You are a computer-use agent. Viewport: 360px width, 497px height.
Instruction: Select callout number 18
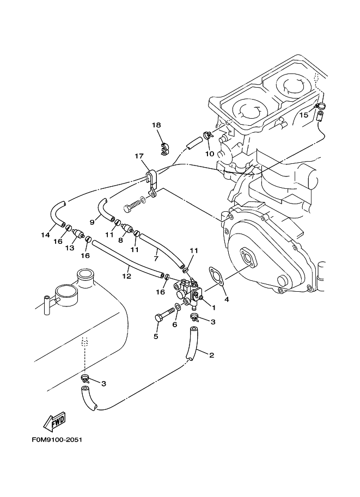(x=156, y=125)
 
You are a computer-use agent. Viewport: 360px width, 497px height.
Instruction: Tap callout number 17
(x=139, y=156)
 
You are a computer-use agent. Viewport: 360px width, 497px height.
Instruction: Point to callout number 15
(x=304, y=115)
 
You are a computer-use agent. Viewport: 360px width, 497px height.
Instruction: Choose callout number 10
(x=210, y=154)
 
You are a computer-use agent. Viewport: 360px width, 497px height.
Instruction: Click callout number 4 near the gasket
(x=227, y=298)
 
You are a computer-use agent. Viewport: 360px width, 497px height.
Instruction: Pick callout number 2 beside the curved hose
(x=211, y=355)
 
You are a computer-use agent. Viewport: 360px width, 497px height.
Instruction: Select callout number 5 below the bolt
(x=156, y=336)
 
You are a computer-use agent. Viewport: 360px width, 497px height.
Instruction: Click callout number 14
(x=45, y=235)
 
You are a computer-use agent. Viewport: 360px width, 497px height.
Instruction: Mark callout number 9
(x=92, y=222)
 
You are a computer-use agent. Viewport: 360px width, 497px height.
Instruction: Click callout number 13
(x=69, y=248)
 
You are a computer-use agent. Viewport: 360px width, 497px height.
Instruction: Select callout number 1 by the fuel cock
(x=213, y=308)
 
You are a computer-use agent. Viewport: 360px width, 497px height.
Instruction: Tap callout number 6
(x=175, y=324)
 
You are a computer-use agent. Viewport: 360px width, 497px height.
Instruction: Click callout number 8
(x=120, y=240)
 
